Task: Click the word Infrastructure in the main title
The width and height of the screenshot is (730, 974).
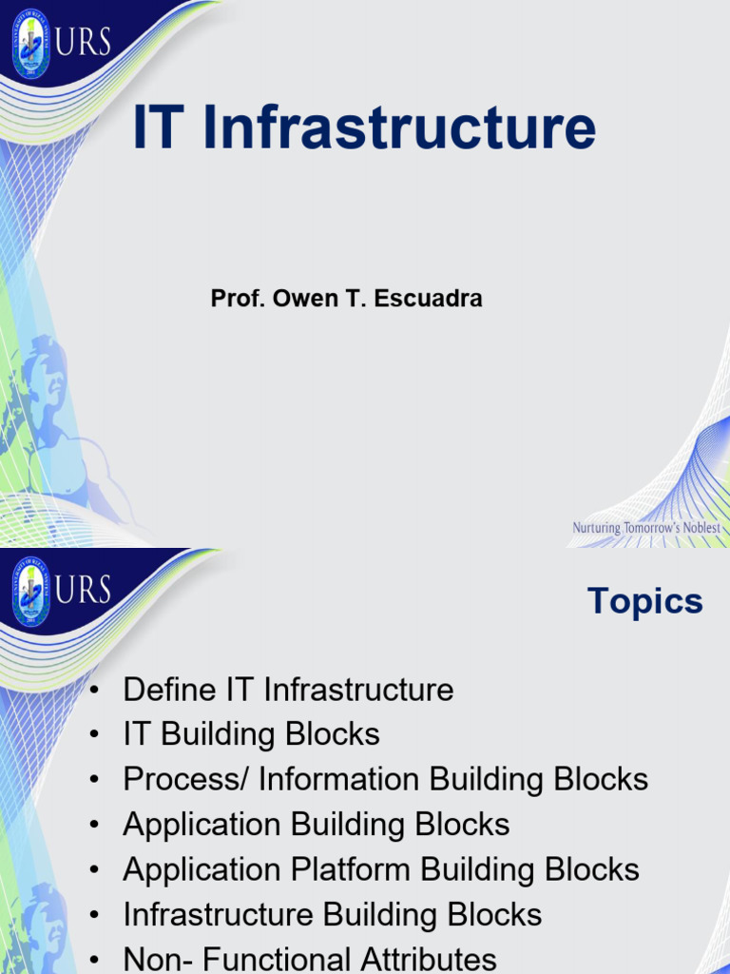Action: [x=399, y=130]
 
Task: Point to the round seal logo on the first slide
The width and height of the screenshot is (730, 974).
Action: [x=30, y=43]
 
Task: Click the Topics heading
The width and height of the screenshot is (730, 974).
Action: [x=644, y=601]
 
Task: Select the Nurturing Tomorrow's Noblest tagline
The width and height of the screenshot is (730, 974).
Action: [x=646, y=528]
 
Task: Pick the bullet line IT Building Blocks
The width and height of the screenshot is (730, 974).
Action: [x=251, y=734]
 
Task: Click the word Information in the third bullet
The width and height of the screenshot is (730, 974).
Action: [x=339, y=780]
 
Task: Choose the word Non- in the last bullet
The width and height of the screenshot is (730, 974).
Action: [x=158, y=959]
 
